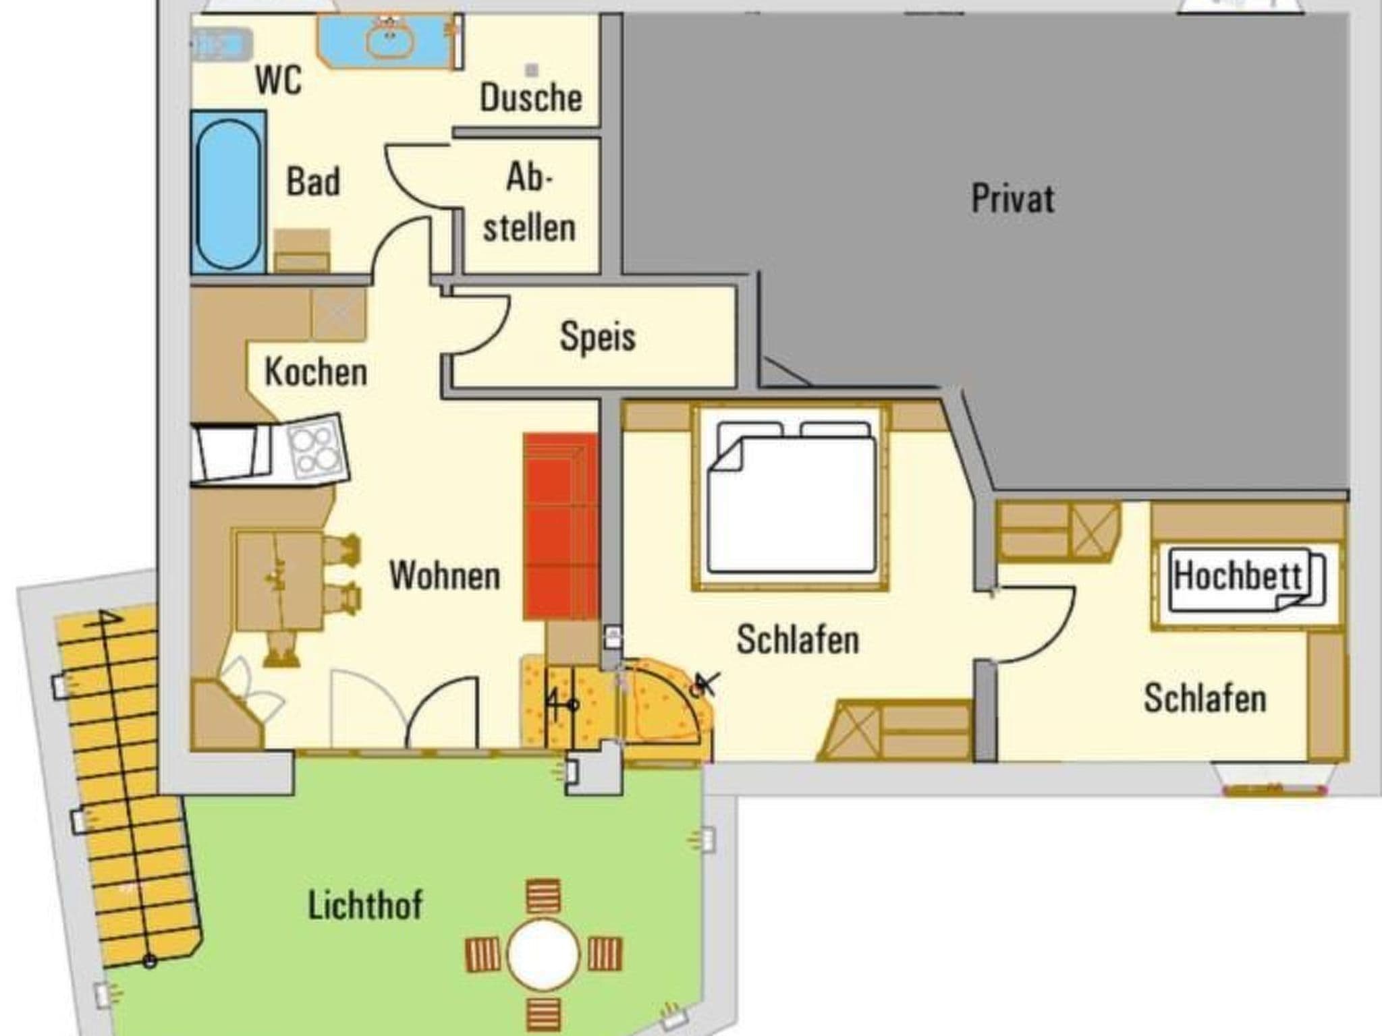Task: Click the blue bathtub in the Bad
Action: (x=228, y=193)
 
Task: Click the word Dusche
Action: (x=530, y=98)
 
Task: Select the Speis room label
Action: (x=597, y=337)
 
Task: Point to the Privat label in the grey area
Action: (x=1012, y=199)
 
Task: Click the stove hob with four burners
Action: (x=314, y=448)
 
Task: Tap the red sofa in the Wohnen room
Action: (x=561, y=526)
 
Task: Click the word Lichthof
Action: (x=365, y=905)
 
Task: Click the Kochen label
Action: (x=316, y=372)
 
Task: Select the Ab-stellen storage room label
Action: (x=529, y=202)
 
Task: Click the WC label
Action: (x=278, y=80)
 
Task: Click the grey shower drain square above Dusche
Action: (x=532, y=69)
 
